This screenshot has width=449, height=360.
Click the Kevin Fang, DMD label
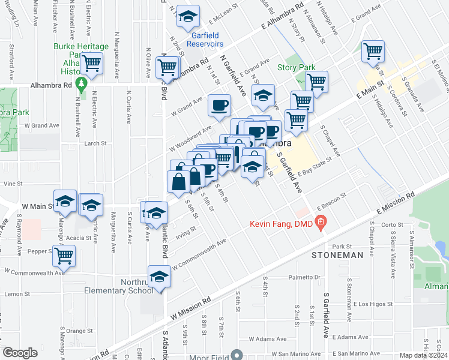283,224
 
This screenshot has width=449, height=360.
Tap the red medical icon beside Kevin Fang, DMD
321,224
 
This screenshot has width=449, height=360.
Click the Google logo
20,352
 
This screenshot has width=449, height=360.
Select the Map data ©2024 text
424,355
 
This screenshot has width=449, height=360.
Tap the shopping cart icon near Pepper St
64,256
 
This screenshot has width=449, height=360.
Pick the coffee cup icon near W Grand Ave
218,105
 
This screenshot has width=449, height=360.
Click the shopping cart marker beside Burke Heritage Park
92,62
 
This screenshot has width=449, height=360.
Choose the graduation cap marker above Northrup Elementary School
159,277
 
